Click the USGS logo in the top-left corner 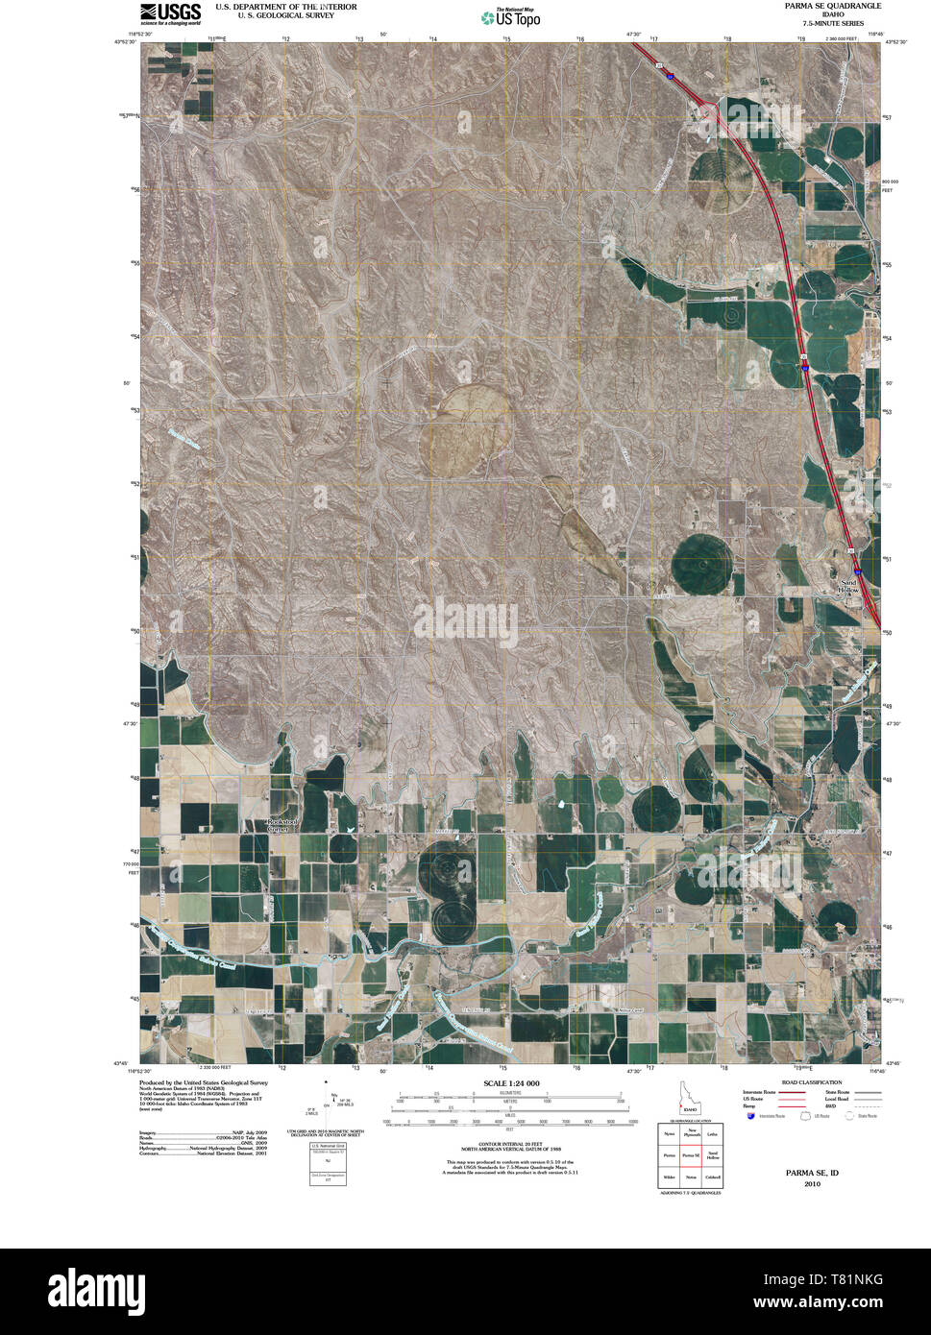click(170, 12)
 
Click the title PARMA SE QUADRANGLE click(832, 6)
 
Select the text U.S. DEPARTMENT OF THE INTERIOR click(285, 7)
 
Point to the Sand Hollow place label click(849, 586)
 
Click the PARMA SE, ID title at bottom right click(812, 1173)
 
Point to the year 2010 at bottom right click(812, 1183)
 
